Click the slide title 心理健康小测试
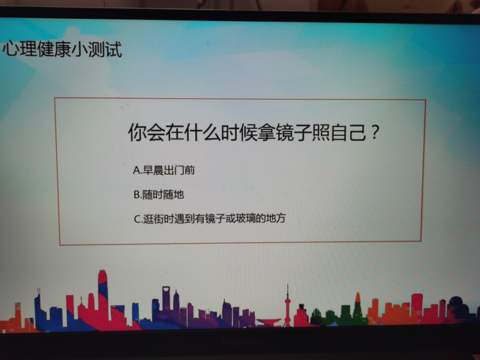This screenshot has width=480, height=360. tap(61, 50)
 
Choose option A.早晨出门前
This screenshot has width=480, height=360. tap(164, 170)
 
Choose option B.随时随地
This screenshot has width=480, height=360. tap(158, 194)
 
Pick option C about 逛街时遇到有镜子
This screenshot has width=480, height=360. tap(210, 219)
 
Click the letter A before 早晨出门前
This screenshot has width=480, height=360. tap(136, 170)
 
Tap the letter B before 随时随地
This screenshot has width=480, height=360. tap(136, 194)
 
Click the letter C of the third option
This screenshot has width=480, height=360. tap(136, 219)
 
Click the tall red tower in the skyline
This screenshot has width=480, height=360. tap(103, 296)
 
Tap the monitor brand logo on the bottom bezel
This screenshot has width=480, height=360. tap(241, 340)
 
